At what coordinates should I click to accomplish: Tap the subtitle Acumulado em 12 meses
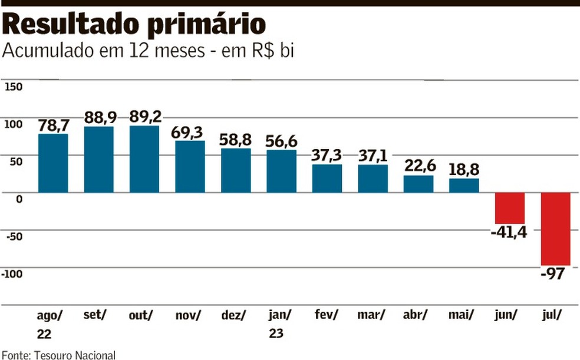[147, 51]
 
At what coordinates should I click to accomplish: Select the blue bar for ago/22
[53, 163]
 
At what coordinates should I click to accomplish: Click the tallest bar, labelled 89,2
[144, 159]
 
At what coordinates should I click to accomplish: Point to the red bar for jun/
[510, 208]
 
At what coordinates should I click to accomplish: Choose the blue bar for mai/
[464, 186]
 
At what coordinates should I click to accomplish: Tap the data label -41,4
[508, 232]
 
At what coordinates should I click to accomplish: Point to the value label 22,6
[418, 166]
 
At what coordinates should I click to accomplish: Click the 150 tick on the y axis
[14, 87]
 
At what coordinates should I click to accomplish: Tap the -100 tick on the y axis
[13, 273]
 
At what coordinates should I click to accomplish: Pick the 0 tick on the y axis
[18, 199]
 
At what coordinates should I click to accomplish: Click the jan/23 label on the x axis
[281, 324]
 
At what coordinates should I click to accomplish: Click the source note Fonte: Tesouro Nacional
[58, 355]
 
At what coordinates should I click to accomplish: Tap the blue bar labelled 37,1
[373, 179]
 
